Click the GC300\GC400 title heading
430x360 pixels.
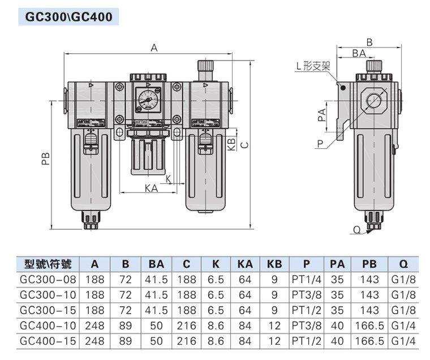(x=69, y=17)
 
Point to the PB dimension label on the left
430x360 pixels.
(x=46, y=160)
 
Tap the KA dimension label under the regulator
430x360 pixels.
(x=151, y=188)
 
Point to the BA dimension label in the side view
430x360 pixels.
(x=358, y=53)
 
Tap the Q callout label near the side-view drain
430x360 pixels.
(x=356, y=229)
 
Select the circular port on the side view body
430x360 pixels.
(x=372, y=102)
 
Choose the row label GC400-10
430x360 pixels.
(x=49, y=326)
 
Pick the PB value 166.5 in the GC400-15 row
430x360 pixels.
(x=369, y=341)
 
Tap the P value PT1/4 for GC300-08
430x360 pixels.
(x=306, y=280)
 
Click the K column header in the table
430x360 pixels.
(x=216, y=264)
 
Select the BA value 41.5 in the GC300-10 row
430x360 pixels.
(x=156, y=295)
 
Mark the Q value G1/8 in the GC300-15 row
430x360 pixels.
(x=403, y=310)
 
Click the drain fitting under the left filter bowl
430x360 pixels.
(x=91, y=220)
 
